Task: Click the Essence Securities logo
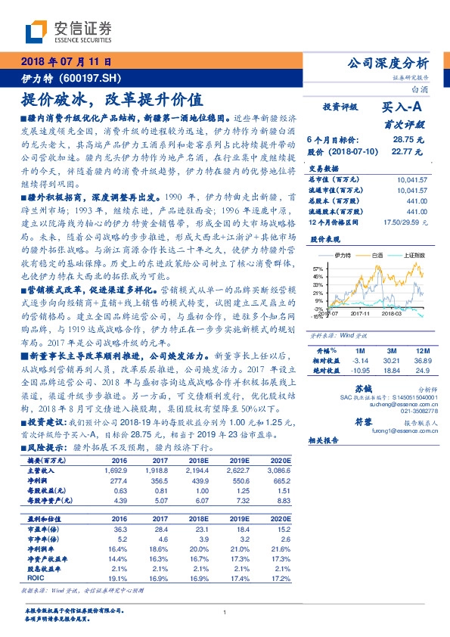pos(69,32)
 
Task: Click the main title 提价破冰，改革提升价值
pos(111,98)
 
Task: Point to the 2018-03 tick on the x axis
pos(389,313)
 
